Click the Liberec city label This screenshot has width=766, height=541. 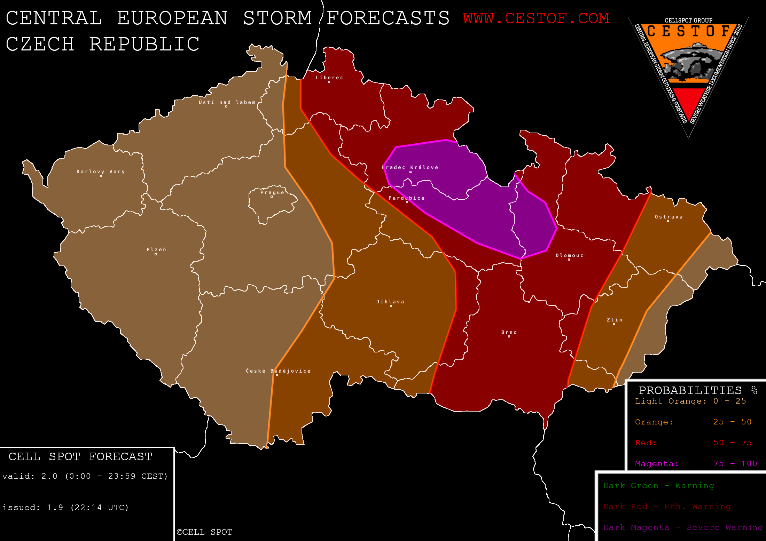point(329,78)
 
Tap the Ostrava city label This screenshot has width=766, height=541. point(669,217)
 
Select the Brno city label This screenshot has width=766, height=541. point(509,332)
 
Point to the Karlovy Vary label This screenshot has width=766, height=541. point(101,172)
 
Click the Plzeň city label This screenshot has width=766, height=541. point(156,249)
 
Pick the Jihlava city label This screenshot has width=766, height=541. point(390,302)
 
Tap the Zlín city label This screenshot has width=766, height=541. point(615,320)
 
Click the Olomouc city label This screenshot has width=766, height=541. point(569,255)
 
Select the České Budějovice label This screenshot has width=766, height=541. point(278,371)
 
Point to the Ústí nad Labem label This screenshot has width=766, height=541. point(227,102)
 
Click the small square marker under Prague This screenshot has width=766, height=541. point(272,197)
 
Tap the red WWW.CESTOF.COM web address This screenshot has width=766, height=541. point(536,18)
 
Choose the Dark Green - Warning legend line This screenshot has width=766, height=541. point(658,486)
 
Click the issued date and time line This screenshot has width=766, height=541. point(65,507)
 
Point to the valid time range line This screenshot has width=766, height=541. point(85,476)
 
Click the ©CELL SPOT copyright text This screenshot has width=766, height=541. point(204,532)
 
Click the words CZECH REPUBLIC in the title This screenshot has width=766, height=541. point(103,44)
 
